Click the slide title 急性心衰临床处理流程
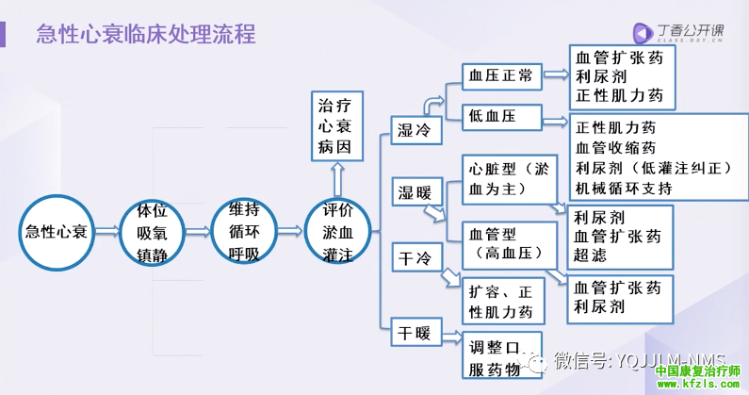coord(145,36)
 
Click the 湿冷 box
coord(415,130)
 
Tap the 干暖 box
coord(415,331)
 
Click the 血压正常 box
coord(502,75)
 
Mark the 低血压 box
coord(502,116)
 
